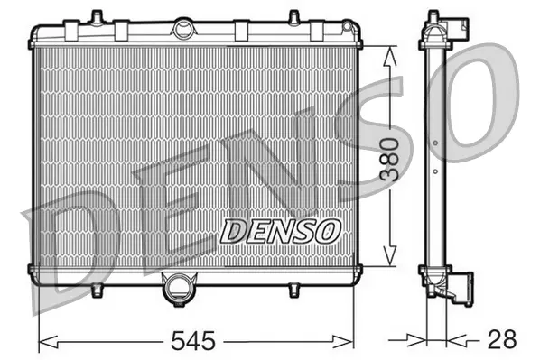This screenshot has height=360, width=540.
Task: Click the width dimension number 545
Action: (x=196, y=341)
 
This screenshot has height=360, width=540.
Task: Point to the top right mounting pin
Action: (x=294, y=16)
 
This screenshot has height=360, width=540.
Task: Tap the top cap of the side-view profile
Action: (x=433, y=18)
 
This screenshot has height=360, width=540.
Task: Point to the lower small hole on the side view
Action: (x=434, y=171)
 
